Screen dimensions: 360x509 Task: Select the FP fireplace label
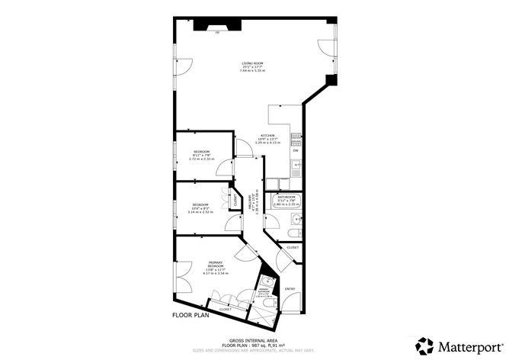click(218, 34)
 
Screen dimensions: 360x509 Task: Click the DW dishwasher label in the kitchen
click(295, 150)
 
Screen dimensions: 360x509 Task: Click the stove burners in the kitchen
click(296, 137)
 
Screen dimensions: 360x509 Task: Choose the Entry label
click(290, 289)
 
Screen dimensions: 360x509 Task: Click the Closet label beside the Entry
click(293, 247)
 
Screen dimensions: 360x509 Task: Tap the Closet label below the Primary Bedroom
click(225, 310)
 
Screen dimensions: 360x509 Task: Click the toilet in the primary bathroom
click(268, 304)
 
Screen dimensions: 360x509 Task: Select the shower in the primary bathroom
click(264, 288)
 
